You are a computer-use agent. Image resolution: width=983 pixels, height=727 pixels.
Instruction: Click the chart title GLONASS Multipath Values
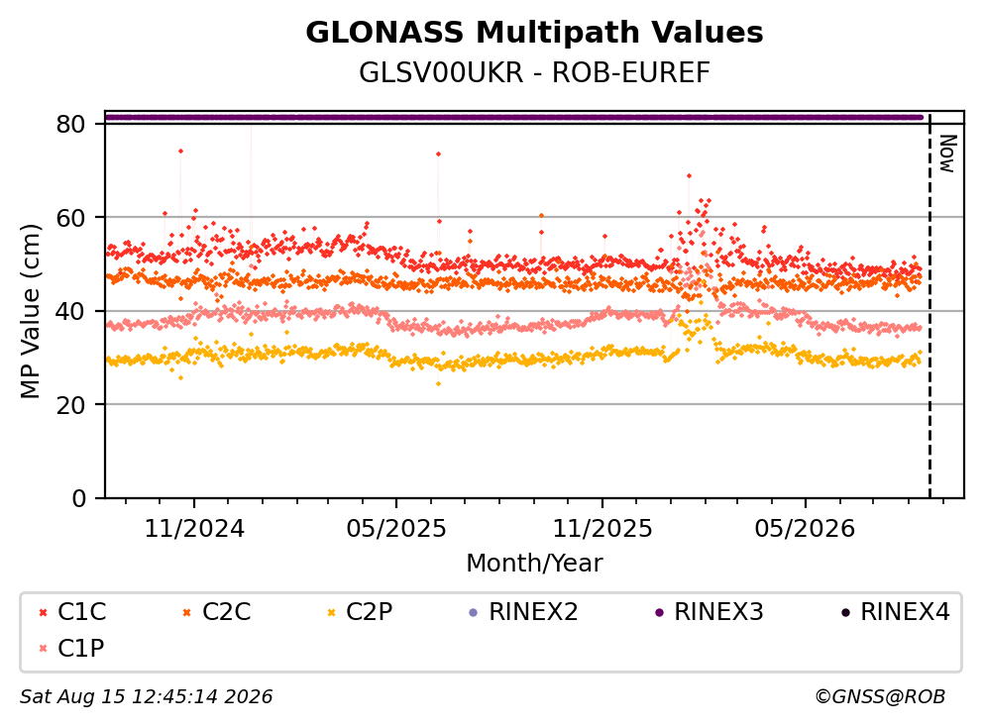click(x=534, y=33)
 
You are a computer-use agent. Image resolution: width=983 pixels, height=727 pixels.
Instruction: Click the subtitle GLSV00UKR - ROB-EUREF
click(x=534, y=72)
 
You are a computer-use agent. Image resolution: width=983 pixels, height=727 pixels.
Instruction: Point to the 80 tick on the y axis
click(x=70, y=124)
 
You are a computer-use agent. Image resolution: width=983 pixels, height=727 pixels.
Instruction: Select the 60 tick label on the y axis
click(x=70, y=218)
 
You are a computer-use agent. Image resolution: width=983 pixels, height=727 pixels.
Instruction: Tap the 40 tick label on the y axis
click(x=70, y=311)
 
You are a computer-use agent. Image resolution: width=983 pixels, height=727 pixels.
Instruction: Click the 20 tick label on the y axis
click(x=70, y=404)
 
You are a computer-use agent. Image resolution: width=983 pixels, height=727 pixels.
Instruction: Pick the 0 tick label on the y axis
click(x=78, y=498)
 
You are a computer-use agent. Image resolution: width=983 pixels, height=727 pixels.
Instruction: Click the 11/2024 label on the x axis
click(x=194, y=529)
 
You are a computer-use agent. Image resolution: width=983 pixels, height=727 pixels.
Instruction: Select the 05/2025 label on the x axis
click(x=396, y=529)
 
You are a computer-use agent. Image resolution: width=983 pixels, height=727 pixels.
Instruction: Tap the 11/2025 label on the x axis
click(x=602, y=529)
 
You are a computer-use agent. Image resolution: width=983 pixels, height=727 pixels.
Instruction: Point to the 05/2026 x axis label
click(x=805, y=529)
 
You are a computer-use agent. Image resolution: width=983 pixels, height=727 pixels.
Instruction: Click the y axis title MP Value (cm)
click(x=30, y=311)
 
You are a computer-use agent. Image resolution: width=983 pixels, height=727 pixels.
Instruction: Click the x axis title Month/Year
click(x=534, y=563)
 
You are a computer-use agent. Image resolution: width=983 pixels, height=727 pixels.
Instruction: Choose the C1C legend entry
click(x=72, y=612)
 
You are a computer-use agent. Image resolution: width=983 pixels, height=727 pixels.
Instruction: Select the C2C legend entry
click(x=217, y=612)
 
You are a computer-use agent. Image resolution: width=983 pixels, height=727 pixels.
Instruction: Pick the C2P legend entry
click(x=360, y=612)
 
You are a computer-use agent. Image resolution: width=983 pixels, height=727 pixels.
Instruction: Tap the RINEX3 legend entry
click(x=710, y=612)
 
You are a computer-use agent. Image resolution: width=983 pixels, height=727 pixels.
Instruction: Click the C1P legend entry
click(x=71, y=648)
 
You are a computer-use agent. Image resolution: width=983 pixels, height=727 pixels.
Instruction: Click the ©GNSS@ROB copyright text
click(x=880, y=696)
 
